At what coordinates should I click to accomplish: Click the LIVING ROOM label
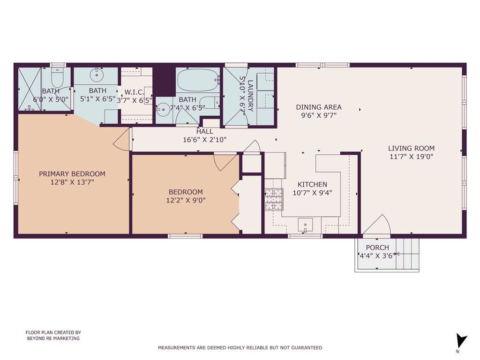[411, 149]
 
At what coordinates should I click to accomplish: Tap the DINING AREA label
[319, 107]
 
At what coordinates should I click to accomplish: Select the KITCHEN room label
[312, 184]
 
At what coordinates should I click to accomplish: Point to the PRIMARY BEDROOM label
[72, 174]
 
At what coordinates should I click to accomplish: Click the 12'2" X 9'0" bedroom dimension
[186, 201]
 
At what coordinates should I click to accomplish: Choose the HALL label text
[205, 132]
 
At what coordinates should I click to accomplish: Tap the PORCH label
[377, 247]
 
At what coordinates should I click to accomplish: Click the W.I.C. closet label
[135, 92]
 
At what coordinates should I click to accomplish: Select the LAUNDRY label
[250, 96]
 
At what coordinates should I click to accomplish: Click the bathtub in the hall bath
[197, 80]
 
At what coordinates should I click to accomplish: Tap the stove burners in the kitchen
[273, 199]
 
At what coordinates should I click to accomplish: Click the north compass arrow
[461, 341]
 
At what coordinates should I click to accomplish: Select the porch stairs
[407, 255]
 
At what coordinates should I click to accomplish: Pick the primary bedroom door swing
[122, 139]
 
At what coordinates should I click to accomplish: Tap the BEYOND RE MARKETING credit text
[53, 338]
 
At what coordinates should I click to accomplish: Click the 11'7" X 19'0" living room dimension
[411, 157]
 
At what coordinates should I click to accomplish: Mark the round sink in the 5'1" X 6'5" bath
[97, 74]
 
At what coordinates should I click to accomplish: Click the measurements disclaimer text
[240, 347]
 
